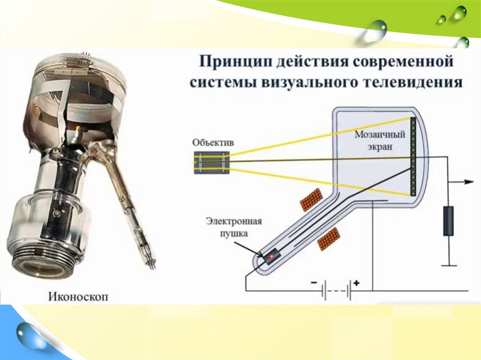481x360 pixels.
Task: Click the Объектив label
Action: click(213, 142)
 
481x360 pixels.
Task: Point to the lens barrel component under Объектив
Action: click(212, 162)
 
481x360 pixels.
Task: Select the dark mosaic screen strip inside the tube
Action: click(414, 157)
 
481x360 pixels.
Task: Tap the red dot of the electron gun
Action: click(271, 257)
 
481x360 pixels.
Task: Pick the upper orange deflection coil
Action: click(311, 199)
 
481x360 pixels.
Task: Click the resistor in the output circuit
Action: click(449, 221)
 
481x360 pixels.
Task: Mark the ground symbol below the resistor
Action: click(449, 265)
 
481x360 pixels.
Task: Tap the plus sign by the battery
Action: click(357, 283)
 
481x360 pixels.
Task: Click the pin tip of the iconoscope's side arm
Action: click(153, 266)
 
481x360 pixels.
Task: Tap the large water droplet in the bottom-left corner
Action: click(30, 336)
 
